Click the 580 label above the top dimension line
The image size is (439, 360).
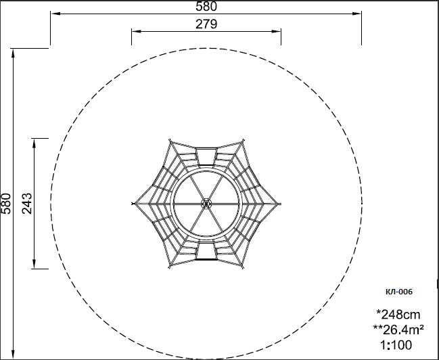206,7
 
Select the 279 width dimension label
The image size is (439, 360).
206,24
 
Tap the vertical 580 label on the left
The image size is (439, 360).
6,204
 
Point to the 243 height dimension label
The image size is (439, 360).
27,204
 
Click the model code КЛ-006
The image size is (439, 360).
399,292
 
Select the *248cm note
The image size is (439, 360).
398,315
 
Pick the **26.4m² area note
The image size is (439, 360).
398,330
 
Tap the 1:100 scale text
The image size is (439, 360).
396,345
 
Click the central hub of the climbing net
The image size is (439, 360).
206,204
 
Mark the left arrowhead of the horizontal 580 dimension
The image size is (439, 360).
55,14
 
